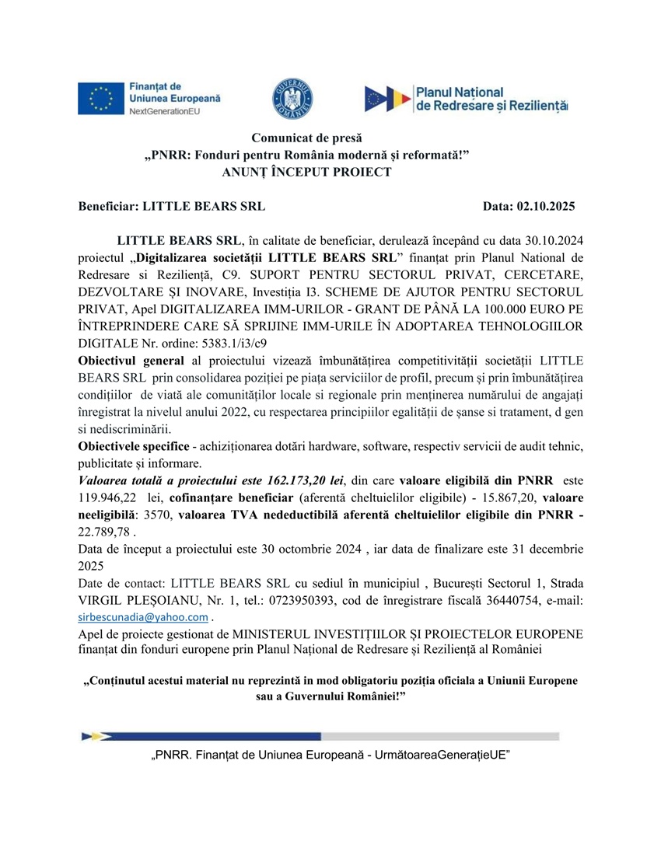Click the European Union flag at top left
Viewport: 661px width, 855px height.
(100, 98)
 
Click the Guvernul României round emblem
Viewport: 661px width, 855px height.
(292, 97)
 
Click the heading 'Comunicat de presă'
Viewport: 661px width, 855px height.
(306, 138)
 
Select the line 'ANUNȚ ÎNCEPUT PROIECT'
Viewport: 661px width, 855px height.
(306, 172)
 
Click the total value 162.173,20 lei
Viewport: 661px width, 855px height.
(301, 480)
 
